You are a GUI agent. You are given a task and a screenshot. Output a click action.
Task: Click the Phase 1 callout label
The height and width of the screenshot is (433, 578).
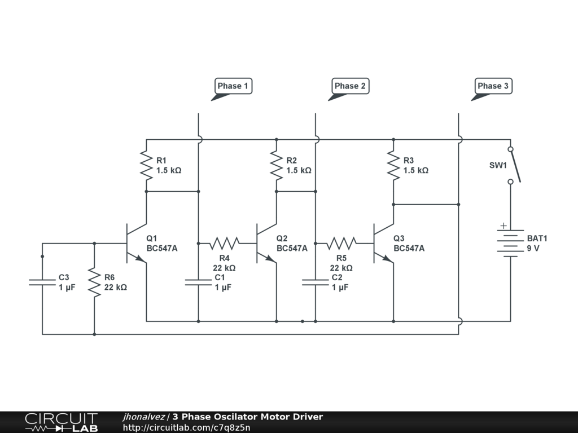click(x=233, y=86)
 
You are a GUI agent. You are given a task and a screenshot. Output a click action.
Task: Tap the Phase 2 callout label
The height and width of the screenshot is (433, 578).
click(x=350, y=86)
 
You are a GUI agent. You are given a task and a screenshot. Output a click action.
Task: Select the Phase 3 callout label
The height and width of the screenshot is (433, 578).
click(x=493, y=86)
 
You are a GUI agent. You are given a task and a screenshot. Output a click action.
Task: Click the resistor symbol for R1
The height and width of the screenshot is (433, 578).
click(x=147, y=165)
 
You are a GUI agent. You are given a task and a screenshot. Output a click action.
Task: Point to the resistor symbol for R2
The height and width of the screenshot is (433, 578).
click(x=277, y=165)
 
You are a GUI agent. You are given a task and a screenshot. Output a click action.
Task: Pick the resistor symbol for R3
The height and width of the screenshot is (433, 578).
click(x=393, y=165)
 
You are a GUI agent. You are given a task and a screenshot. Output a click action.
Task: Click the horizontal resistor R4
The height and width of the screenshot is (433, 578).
click(x=225, y=244)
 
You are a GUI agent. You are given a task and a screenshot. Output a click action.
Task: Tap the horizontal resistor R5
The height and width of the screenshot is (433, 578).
click(x=341, y=244)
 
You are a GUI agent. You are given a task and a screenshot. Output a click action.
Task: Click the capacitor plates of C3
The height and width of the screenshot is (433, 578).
click(x=42, y=282)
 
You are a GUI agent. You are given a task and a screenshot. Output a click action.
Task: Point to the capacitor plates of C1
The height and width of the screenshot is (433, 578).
click(x=199, y=282)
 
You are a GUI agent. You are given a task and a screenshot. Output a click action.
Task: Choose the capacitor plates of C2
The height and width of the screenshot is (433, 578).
click(x=316, y=282)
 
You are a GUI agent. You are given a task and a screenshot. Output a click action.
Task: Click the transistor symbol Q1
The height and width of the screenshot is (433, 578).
click(x=135, y=244)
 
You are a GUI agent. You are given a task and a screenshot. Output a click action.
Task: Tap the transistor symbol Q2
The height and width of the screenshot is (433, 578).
click(x=265, y=244)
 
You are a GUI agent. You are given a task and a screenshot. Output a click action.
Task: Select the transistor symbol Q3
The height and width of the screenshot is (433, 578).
click(x=383, y=244)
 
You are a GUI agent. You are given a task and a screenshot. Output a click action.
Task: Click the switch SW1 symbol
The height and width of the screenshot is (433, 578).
click(x=513, y=165)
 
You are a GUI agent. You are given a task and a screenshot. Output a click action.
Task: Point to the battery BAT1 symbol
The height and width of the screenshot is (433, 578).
click(x=510, y=244)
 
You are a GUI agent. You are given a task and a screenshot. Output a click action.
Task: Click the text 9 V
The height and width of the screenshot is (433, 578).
click(x=533, y=248)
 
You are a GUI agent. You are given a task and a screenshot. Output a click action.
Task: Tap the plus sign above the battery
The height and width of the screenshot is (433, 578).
click(x=503, y=227)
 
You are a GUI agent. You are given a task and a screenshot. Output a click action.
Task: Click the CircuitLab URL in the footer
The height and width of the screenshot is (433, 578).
click(x=186, y=427)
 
